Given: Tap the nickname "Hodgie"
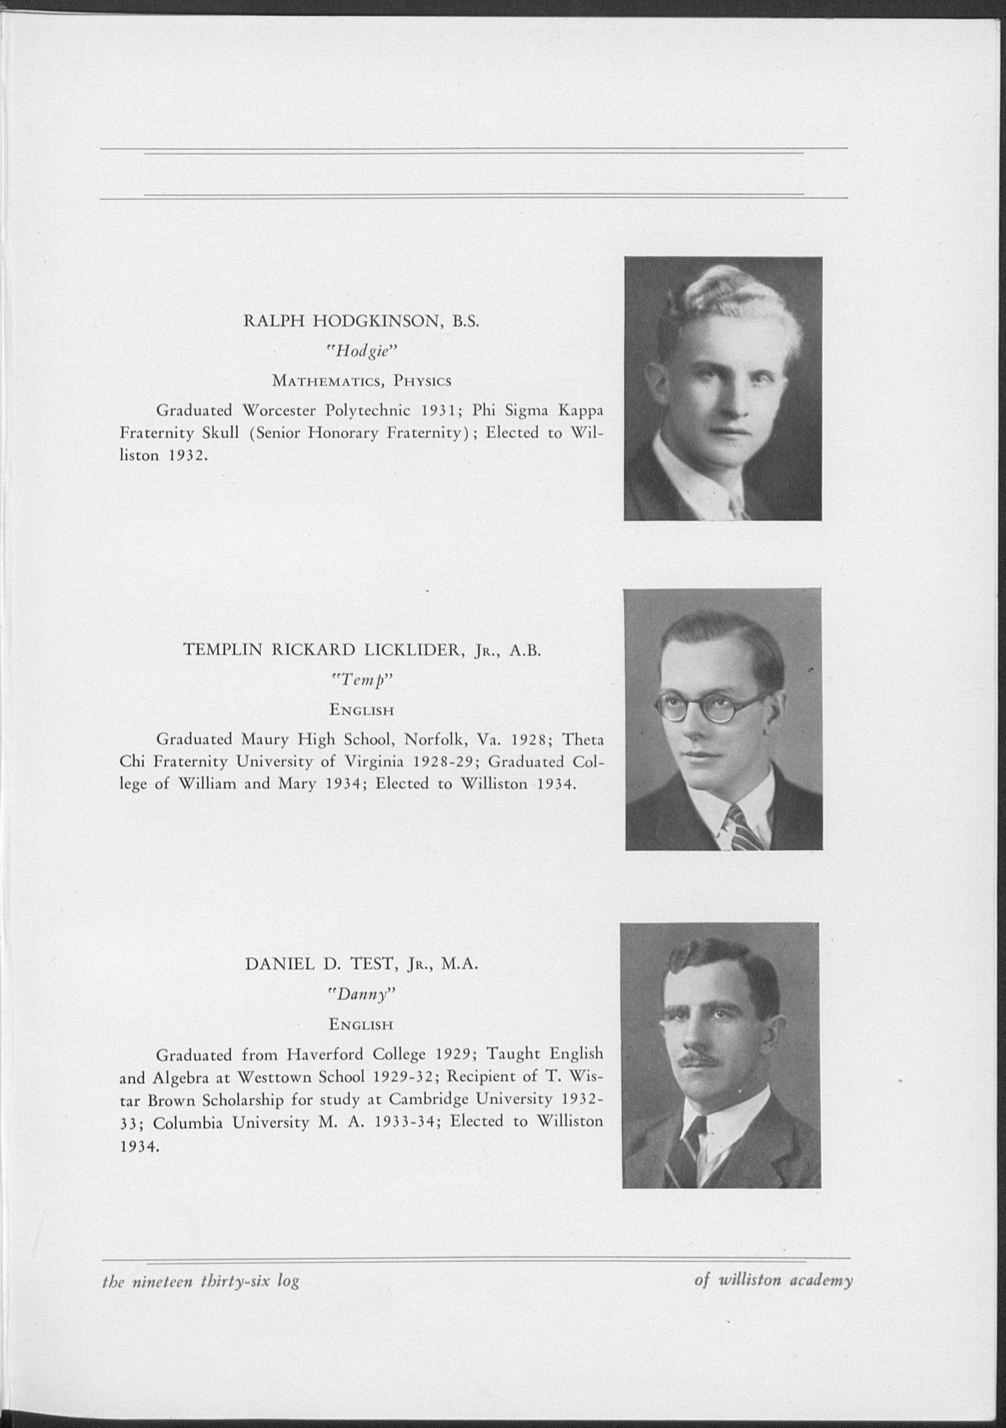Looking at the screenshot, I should [361, 352].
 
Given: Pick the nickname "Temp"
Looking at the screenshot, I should [361, 681].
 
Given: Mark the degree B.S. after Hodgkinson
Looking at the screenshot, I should [466, 321].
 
